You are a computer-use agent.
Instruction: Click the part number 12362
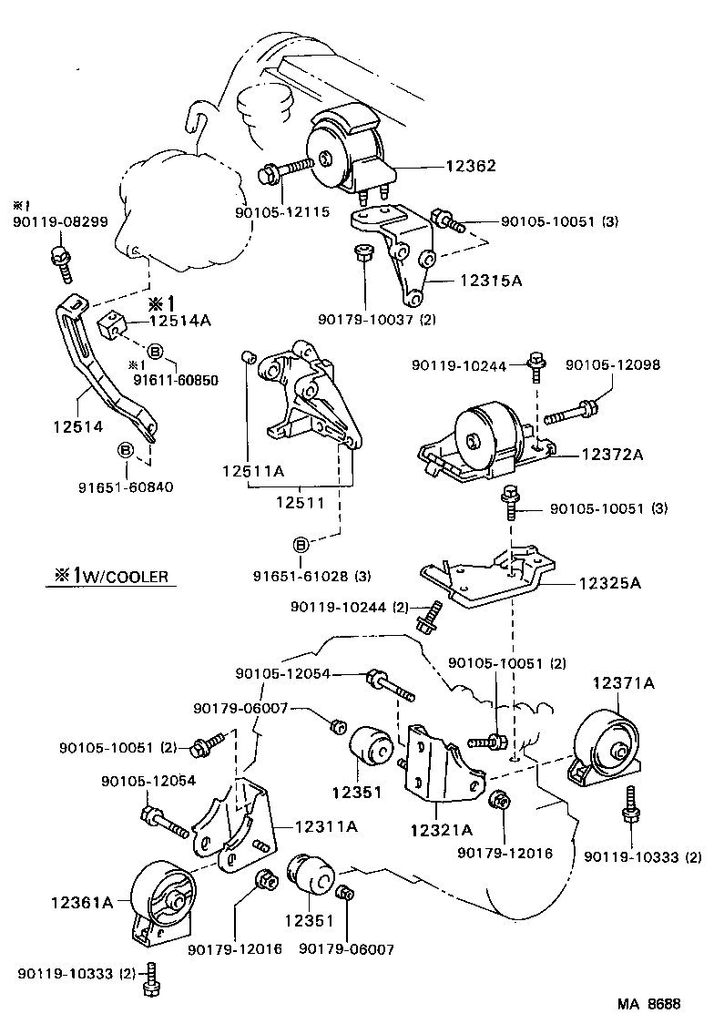pyautogui.click(x=471, y=167)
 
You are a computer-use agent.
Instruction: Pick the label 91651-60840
pyautogui.click(x=125, y=486)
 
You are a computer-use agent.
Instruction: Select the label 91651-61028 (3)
pyautogui.click(x=312, y=576)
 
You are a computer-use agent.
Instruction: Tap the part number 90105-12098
pyautogui.click(x=613, y=365)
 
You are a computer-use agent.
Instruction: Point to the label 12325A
pyautogui.click(x=608, y=583)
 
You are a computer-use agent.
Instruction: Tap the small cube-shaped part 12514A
pyautogui.click(x=111, y=324)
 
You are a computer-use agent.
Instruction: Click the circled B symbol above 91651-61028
pyautogui.click(x=301, y=545)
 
